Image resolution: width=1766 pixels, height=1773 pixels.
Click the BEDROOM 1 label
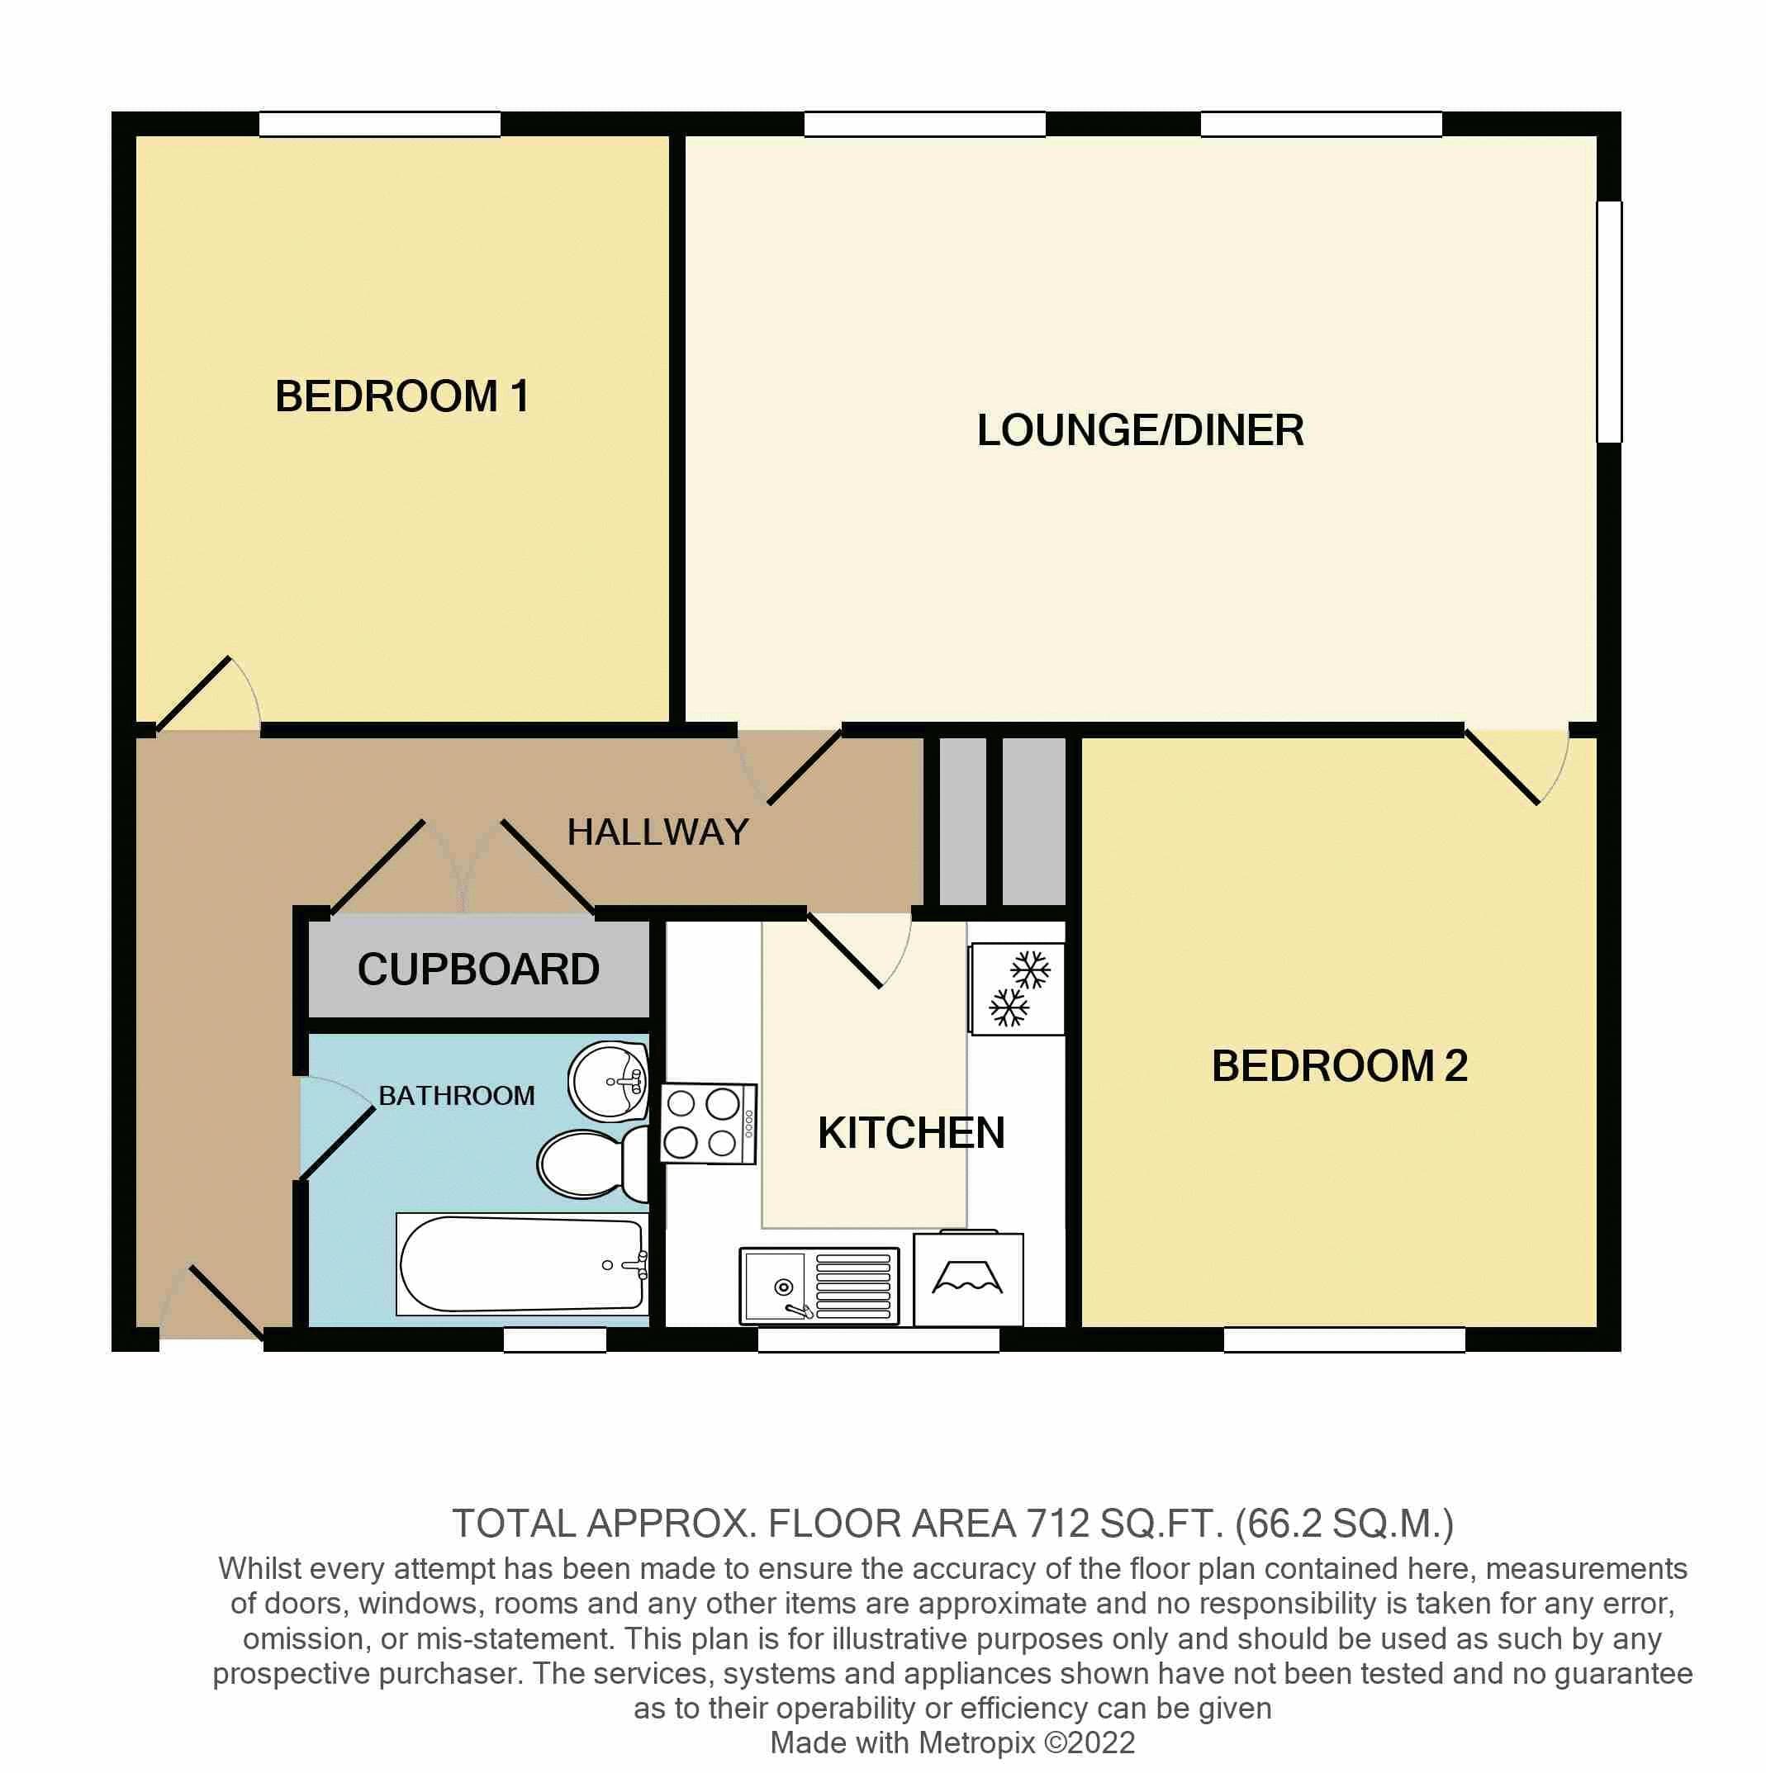tap(402, 396)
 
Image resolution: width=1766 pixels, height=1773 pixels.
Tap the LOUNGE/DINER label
tap(1139, 430)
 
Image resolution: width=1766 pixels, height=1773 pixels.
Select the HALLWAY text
tap(658, 832)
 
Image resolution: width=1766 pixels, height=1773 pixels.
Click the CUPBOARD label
tap(477, 969)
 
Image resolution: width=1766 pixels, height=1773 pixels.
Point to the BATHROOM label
tap(456, 1096)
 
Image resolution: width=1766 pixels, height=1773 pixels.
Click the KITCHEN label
tap(910, 1133)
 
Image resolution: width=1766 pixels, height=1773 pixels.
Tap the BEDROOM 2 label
tap(1339, 1066)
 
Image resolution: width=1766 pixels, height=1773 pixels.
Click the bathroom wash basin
tap(608, 1082)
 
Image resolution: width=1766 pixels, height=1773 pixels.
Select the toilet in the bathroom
tap(592, 1164)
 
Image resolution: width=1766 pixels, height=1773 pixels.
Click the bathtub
tap(521, 1264)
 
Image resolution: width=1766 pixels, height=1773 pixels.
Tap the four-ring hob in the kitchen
tap(708, 1124)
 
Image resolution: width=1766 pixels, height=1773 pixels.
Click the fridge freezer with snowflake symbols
tap(1017, 990)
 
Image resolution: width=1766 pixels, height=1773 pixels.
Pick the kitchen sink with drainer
tap(819, 1286)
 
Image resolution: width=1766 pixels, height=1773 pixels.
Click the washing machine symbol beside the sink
tap(968, 1279)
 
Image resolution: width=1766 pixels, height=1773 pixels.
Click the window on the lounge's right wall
tap(1609, 322)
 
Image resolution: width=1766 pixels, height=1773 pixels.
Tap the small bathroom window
tap(554, 1339)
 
